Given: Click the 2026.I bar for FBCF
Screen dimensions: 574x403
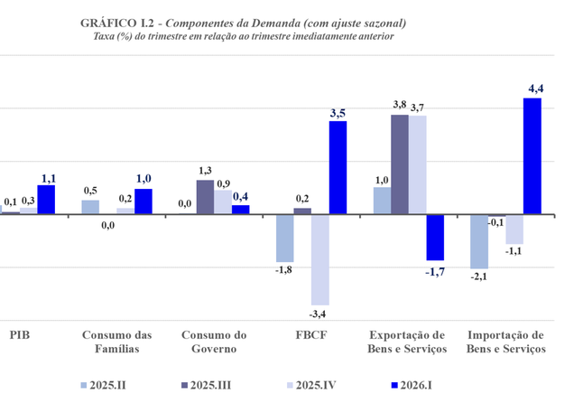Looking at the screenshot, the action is [338, 167].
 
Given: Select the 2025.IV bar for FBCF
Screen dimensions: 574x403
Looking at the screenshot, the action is [320, 259].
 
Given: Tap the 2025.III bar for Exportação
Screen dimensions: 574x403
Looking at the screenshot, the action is [400, 164].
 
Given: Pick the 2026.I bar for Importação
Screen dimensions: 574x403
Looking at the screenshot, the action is [532, 156].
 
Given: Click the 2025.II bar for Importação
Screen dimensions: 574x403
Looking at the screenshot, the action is [479, 242].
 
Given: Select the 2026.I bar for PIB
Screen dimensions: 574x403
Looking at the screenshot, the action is [46, 200].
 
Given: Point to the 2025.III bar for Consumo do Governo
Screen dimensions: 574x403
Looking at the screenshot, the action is [206, 197].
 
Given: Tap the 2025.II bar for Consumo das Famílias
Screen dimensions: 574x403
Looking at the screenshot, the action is [90, 207].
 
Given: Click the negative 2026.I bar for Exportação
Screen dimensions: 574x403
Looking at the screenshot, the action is [435, 238].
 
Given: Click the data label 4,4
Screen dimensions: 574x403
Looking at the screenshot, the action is [535, 89].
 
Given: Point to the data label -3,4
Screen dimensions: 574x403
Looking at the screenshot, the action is [318, 314].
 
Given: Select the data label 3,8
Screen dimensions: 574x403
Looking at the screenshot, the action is [400, 105].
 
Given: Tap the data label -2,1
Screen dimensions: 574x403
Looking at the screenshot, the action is [479, 276].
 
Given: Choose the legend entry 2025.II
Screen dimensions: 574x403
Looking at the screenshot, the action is [104, 386].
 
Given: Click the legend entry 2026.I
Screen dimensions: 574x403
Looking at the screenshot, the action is [412, 386].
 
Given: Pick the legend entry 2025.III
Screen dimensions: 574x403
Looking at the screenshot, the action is [207, 386].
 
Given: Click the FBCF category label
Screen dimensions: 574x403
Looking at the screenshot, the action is [311, 335].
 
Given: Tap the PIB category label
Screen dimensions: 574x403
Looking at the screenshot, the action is [20, 335].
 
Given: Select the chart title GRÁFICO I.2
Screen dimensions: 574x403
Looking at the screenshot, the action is [117, 23].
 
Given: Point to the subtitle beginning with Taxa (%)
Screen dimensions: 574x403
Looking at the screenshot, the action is [244, 37].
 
